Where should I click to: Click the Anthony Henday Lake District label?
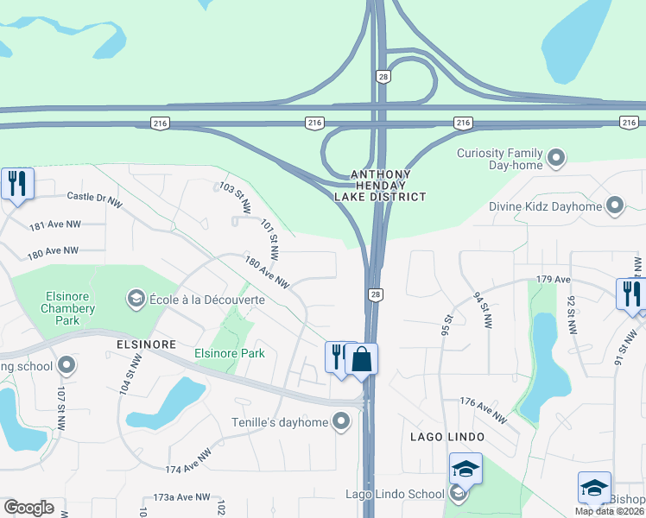coord(388,186)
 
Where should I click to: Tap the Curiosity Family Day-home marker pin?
coord(557,158)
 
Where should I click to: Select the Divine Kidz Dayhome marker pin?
coord(615,205)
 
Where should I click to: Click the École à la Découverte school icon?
coord(136,299)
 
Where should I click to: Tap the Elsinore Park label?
coord(229,353)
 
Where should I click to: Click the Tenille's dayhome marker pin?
coord(342,422)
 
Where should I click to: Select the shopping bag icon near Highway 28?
coord(362,358)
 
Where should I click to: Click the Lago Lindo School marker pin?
coord(458,494)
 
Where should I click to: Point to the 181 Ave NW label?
coord(54,225)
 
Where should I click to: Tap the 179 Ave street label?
coord(554,279)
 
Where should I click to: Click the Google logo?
coord(28,508)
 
